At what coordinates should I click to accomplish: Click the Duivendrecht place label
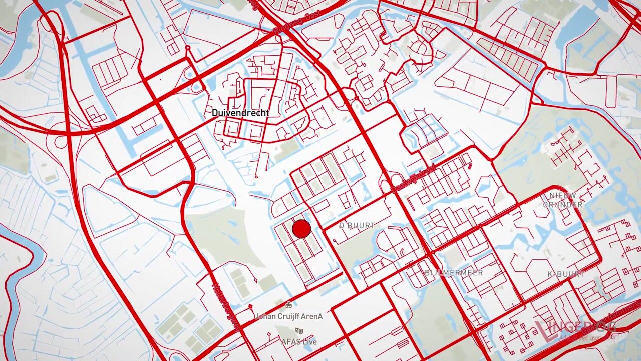click(x=240, y=113)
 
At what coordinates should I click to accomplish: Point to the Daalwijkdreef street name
click(x=414, y=179)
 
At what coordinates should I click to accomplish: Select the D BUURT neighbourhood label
click(x=357, y=226)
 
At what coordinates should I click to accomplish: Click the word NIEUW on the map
click(x=562, y=195)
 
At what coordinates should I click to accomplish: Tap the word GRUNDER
click(x=562, y=205)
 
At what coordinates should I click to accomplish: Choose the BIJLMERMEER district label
click(x=454, y=273)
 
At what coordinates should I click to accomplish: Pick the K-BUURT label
click(x=566, y=274)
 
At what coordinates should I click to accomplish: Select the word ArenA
click(x=312, y=316)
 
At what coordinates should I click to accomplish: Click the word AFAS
click(x=290, y=342)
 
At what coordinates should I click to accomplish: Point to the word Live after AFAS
click(x=308, y=342)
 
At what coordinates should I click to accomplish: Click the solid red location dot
click(x=301, y=229)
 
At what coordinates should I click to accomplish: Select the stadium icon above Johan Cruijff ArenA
click(x=288, y=305)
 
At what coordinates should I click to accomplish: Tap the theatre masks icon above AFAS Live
click(x=299, y=330)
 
